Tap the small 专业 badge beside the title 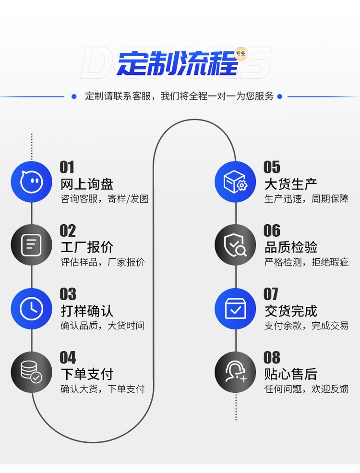coord(240,53)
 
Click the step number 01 coord(67,167)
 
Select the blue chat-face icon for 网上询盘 coord(32,182)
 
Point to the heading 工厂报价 coord(87,247)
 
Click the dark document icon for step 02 coord(32,245)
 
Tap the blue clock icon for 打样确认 coord(32,309)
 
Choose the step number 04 coord(68,357)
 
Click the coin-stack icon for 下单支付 coord(32,372)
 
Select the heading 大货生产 coord(290,184)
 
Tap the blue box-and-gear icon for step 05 coord(235,182)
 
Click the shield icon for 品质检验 coord(235,245)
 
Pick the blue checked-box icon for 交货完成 coord(235,309)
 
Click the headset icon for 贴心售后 coord(235,372)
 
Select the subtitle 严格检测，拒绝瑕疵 coord(306,262)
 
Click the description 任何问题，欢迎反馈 coord(306,389)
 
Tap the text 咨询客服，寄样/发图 coord(105,199)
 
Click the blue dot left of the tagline coord(74,97)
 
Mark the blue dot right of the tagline coord(280,97)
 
